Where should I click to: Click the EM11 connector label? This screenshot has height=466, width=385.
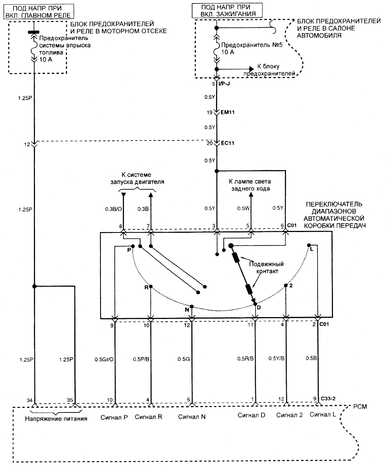228,112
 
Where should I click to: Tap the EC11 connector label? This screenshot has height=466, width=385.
228,143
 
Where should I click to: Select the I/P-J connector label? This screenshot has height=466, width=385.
224,84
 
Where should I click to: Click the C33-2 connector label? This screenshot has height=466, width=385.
328,398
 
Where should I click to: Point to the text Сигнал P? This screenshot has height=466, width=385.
114,418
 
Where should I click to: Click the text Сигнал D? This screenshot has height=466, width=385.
251,415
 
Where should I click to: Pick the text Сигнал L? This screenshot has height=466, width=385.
323,414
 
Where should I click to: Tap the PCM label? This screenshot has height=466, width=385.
360,407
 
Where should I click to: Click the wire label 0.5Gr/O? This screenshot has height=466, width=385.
104,359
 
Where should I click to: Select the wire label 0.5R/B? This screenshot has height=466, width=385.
245,358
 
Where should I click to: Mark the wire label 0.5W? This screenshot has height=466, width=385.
243,208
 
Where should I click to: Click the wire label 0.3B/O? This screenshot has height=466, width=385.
114,209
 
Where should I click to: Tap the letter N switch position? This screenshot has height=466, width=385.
187,310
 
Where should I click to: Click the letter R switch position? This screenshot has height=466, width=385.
147,287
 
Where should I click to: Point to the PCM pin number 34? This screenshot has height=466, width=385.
30,400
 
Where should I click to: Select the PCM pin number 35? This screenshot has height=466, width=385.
70,400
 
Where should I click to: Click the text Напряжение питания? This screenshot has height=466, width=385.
56,419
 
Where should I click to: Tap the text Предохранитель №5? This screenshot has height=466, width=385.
252,45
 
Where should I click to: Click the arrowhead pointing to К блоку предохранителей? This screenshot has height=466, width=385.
252,69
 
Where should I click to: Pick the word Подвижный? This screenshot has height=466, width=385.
266,264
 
